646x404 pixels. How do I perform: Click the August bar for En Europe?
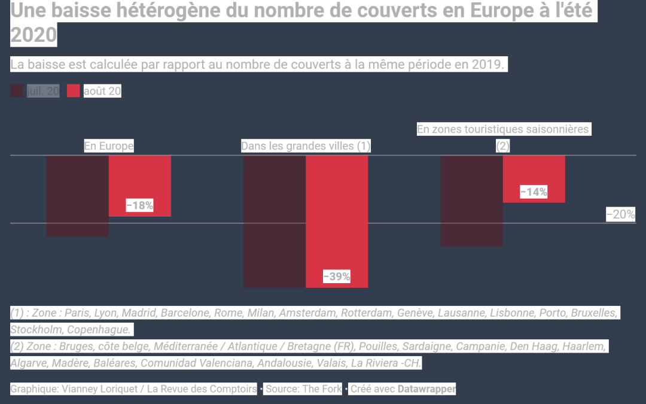[x=140, y=180]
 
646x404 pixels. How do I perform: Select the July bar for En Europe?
[x=78, y=196]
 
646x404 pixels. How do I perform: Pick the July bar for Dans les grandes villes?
[x=275, y=221]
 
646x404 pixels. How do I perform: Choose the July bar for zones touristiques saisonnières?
[x=471, y=201]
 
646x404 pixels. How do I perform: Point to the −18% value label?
[x=140, y=205]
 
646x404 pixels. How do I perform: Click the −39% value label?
[x=337, y=277]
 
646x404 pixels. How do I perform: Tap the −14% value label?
[x=534, y=192]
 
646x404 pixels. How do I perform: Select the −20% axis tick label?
[x=621, y=214]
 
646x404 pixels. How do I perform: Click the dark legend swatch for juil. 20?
[x=17, y=91]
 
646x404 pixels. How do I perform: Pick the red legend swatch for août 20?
[x=73, y=91]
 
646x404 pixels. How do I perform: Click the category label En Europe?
[x=108, y=146]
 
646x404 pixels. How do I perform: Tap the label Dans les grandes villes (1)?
[x=306, y=146]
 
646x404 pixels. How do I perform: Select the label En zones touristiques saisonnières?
[x=503, y=129]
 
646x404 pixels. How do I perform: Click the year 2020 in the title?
[x=33, y=35]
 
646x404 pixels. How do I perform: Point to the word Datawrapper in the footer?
[x=427, y=389]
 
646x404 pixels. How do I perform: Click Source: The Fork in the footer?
[x=303, y=389]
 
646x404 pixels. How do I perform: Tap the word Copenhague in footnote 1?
[x=100, y=330]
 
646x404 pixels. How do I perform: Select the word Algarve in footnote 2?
[x=29, y=363]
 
